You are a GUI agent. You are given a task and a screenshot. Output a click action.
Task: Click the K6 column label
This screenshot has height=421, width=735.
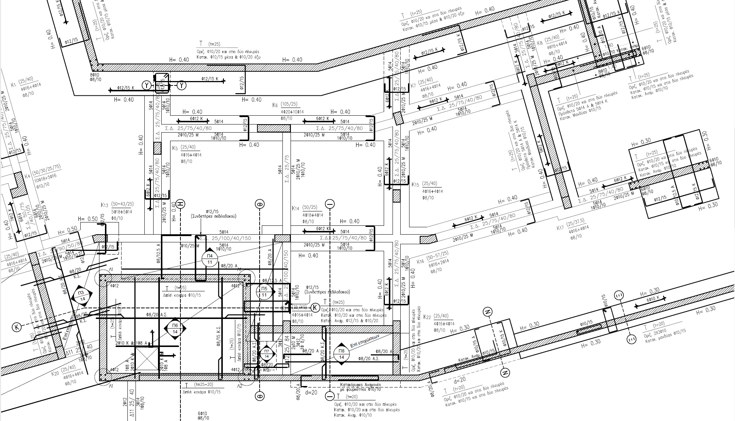click(275, 105)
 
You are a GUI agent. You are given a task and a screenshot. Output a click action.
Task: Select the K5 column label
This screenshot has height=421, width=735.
click(175, 148)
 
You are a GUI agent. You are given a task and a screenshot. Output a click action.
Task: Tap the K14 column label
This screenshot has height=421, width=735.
click(295, 208)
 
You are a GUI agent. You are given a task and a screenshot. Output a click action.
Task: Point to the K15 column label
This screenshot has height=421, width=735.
click(415, 185)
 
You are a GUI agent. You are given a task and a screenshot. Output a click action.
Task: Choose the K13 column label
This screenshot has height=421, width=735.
click(104, 205)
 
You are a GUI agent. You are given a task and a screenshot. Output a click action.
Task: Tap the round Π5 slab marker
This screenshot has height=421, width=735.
click(264, 292)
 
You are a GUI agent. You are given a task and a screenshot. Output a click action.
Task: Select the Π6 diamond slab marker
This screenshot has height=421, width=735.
click(175, 329)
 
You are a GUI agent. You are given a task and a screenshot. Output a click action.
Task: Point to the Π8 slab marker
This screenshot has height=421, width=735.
click(341, 354)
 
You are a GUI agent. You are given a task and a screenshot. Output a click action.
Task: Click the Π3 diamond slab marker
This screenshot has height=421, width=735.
click(81, 296)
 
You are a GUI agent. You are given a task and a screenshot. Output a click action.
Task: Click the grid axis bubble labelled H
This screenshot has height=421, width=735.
click(180, 204)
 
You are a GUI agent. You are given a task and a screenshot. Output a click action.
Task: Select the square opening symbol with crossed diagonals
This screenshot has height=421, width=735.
click(147, 359)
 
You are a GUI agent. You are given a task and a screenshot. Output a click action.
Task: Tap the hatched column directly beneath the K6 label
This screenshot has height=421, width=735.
click(274, 128)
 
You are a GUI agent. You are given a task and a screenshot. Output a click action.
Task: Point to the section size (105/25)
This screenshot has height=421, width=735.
click(289, 104)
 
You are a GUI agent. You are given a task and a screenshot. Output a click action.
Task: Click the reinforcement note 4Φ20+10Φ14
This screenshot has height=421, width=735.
click(292, 112)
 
